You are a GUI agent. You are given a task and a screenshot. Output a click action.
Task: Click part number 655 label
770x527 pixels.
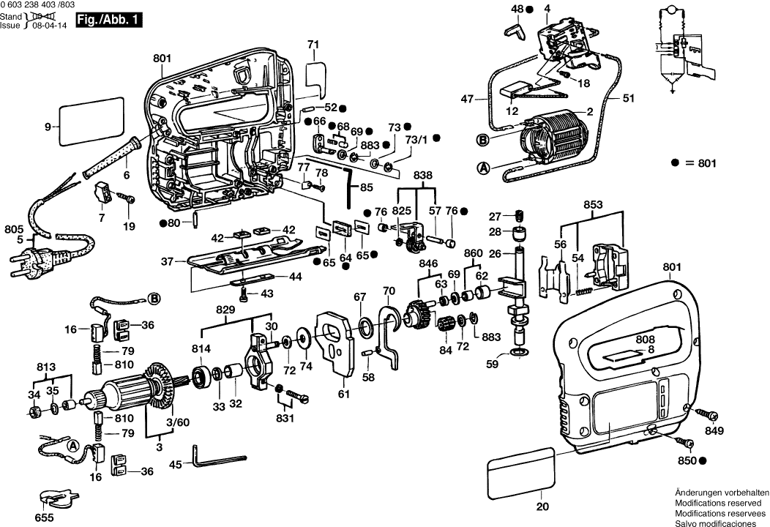click(45, 517)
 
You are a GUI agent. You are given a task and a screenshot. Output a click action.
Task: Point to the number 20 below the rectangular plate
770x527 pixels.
click(542, 506)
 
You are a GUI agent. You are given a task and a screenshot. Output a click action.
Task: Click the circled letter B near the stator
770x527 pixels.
click(483, 139)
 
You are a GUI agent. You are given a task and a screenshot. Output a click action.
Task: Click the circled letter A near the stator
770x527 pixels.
click(483, 168)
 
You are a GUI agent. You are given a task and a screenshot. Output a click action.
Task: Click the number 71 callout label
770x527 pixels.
click(313, 45)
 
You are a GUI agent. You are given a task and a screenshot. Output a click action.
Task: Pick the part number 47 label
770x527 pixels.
click(467, 98)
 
